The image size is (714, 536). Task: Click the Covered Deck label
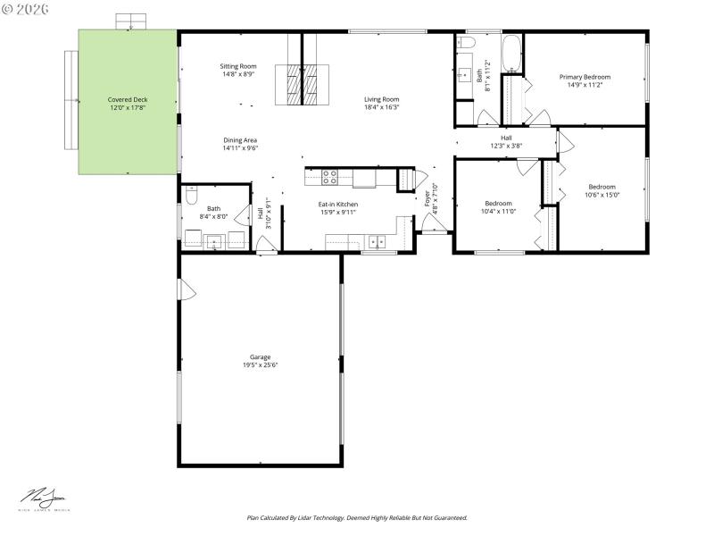[128, 99]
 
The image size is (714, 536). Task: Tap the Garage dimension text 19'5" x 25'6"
[260, 365]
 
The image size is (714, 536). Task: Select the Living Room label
[381, 99]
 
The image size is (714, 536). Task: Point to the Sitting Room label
[238, 66]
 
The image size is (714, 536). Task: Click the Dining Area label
[240, 140]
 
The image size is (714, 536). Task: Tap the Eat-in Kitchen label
[338, 205]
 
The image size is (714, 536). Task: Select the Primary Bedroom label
[585, 77]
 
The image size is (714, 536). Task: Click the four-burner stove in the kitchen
[329, 177]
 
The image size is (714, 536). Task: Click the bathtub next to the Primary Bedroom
[511, 54]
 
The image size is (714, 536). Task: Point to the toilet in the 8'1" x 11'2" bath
[465, 46]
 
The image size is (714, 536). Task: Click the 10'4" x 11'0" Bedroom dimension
[498, 212]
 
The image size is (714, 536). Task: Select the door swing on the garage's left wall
[185, 289]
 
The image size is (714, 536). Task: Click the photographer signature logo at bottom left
[45, 498]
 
